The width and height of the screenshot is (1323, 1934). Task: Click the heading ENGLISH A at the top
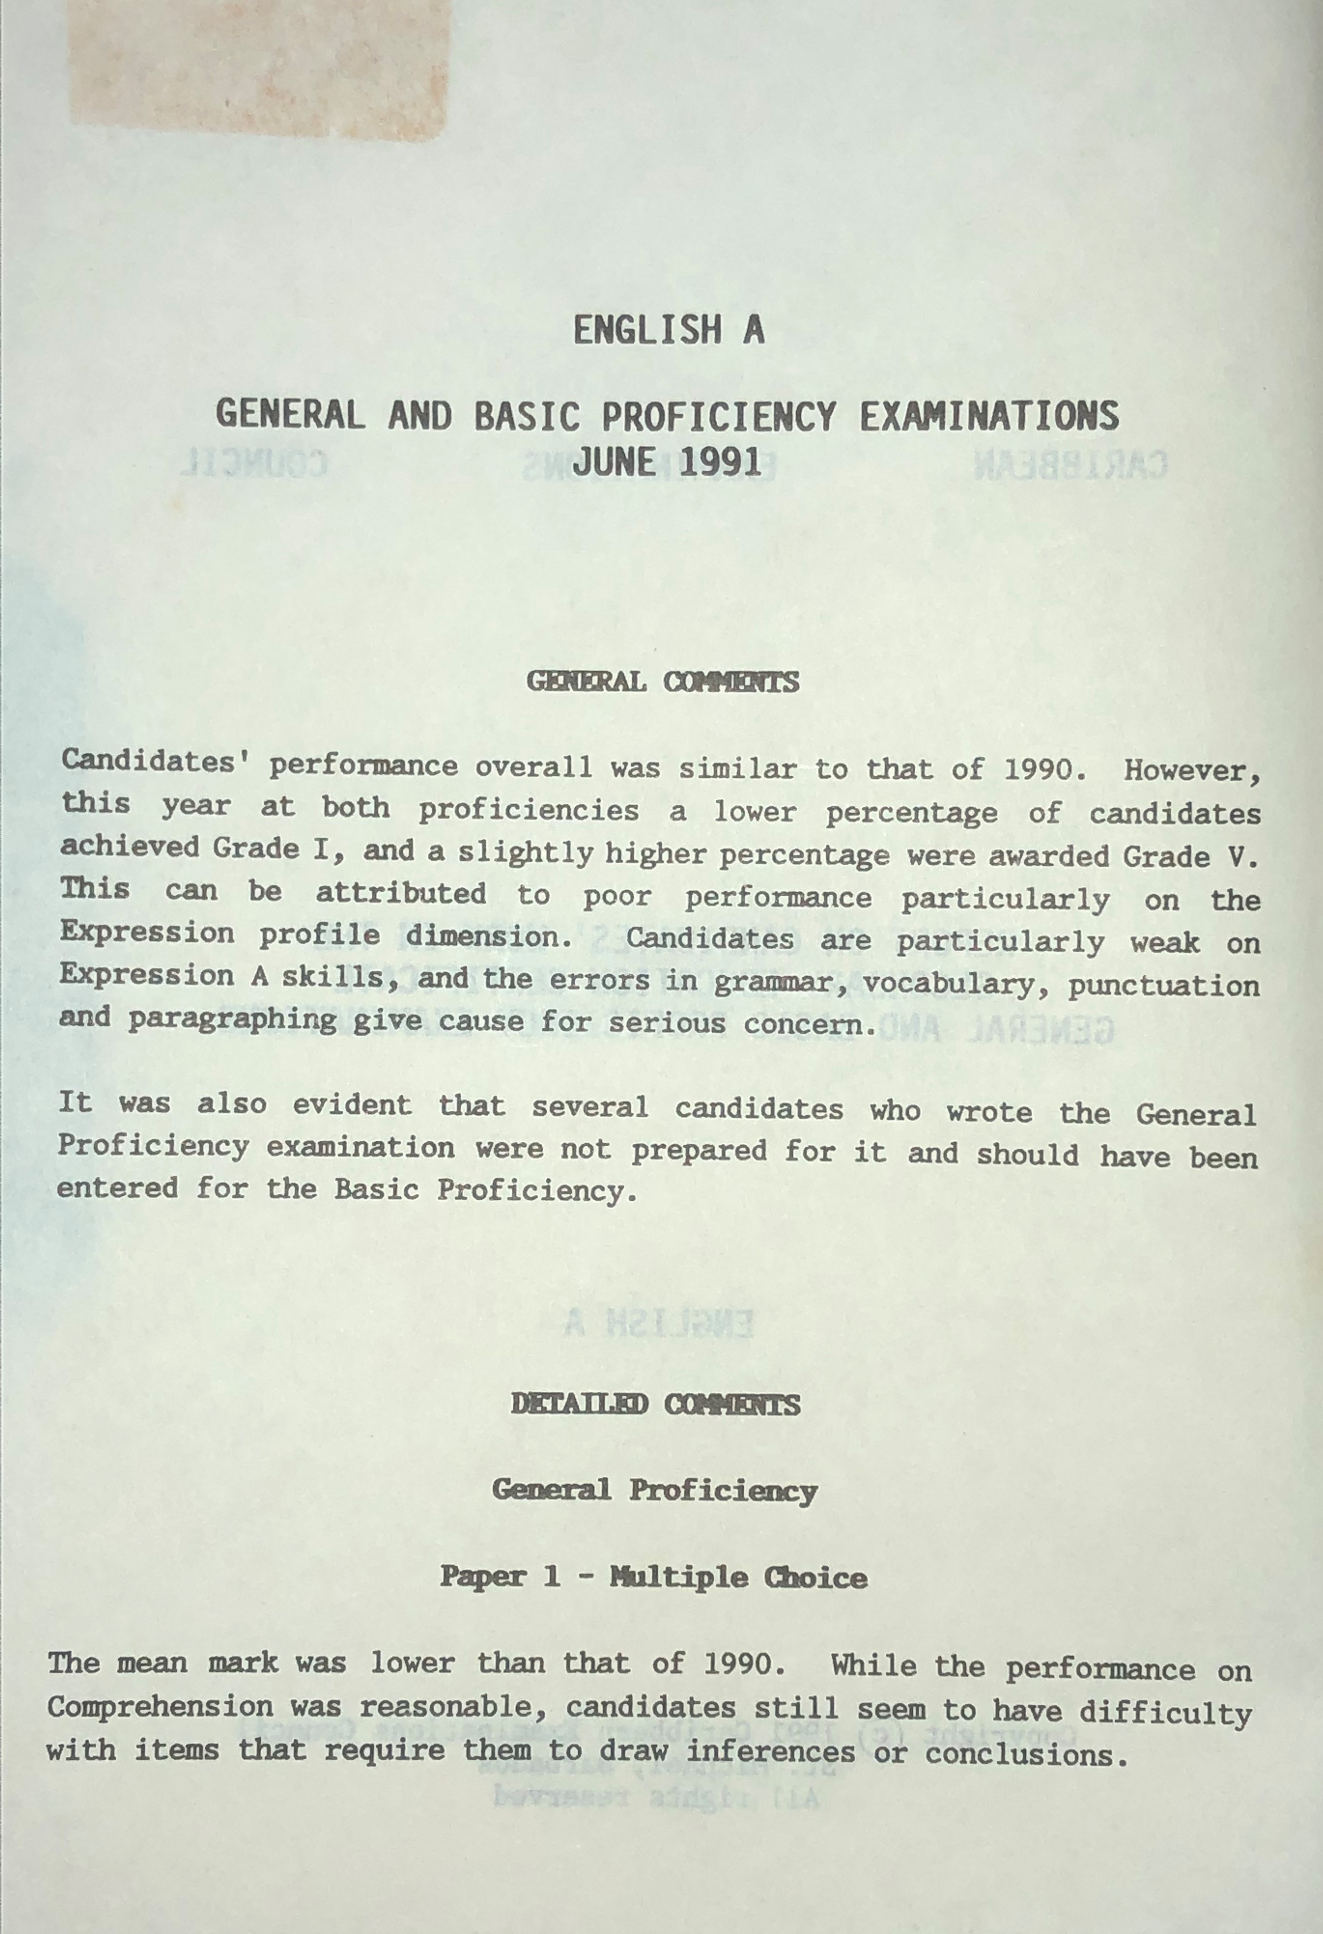tap(668, 330)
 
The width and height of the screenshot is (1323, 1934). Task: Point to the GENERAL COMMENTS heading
tap(662, 682)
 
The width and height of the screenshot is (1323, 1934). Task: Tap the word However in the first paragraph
tap(1191, 771)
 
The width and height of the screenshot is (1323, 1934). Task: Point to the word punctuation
tap(1163, 986)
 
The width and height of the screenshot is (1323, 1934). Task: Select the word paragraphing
tap(232, 1020)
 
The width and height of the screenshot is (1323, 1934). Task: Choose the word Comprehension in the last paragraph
tap(160, 1707)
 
